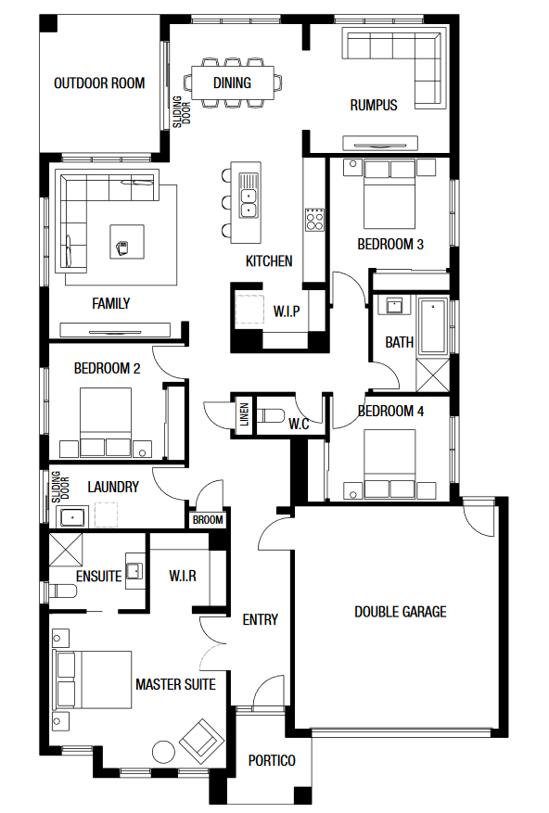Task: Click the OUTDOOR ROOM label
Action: pyautogui.click(x=99, y=83)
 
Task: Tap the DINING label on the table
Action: pyautogui.click(x=232, y=83)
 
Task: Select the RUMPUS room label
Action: pyautogui.click(x=374, y=106)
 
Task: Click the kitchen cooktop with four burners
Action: pyautogui.click(x=314, y=219)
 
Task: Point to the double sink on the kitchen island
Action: pyautogui.click(x=249, y=194)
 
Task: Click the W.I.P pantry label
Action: pyautogui.click(x=287, y=311)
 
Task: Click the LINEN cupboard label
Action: pyautogui.click(x=244, y=414)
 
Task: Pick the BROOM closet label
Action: pyautogui.click(x=208, y=519)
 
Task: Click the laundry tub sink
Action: pyautogui.click(x=72, y=517)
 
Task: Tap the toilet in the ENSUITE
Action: pyautogui.click(x=62, y=591)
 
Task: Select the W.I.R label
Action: pyautogui.click(x=183, y=576)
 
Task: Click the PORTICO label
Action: pyautogui.click(x=272, y=761)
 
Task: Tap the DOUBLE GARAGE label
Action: pyautogui.click(x=401, y=612)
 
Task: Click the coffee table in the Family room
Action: pyautogui.click(x=127, y=241)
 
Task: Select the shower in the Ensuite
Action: pyautogui.click(x=66, y=550)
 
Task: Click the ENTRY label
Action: pyautogui.click(x=260, y=619)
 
